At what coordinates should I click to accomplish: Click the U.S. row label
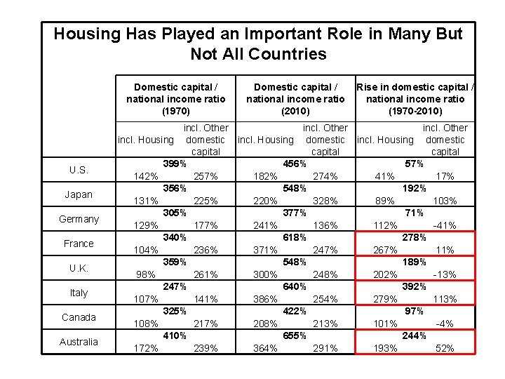click(79, 170)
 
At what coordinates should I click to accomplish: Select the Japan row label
click(79, 194)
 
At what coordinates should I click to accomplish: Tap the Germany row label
click(79, 219)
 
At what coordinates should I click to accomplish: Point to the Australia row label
click(79, 342)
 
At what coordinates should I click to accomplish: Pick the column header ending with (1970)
click(175, 99)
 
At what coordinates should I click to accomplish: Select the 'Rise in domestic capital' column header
click(415, 99)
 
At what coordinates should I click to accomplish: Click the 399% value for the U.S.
click(174, 164)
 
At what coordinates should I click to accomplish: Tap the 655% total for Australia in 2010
click(294, 335)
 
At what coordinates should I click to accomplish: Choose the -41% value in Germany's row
click(445, 225)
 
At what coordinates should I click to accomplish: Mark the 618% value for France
click(294, 237)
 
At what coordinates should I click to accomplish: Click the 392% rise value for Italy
click(414, 286)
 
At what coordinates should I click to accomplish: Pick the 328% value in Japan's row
click(325, 201)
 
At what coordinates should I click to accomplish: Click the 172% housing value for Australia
click(146, 348)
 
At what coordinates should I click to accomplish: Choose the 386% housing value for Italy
click(264, 299)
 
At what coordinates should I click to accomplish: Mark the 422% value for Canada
click(294, 311)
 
